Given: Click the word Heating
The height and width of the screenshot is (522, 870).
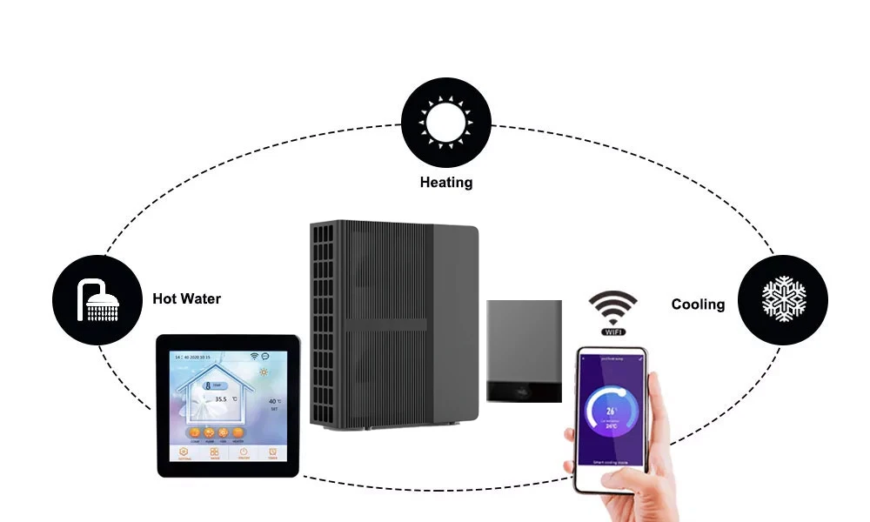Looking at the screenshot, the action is pyautogui.click(x=446, y=183).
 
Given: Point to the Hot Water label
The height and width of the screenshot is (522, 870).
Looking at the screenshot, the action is pyautogui.click(x=186, y=299).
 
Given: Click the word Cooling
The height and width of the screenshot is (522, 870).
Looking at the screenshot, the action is pyautogui.click(x=698, y=304).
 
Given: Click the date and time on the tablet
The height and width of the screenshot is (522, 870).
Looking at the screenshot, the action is pyautogui.click(x=197, y=357).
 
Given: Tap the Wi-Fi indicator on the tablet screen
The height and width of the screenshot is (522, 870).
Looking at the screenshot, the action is pyautogui.click(x=255, y=356).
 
